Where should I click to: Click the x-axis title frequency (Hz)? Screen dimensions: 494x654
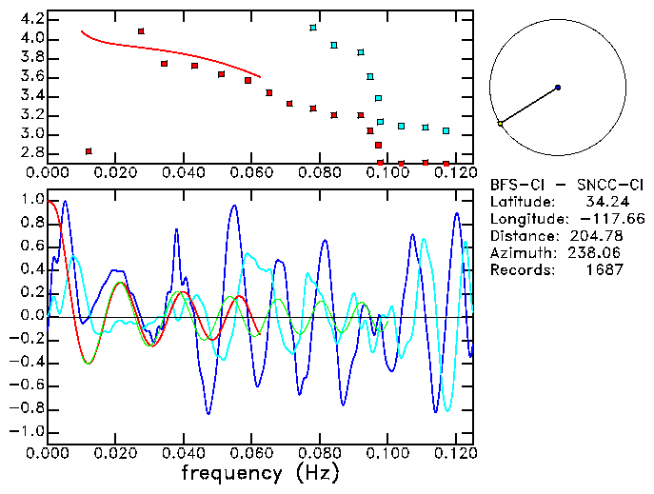[257, 473]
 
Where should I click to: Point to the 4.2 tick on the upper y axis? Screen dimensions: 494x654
[30, 19]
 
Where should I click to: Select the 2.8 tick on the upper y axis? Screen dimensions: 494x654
[30, 153]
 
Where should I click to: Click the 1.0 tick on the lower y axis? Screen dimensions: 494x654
[30, 200]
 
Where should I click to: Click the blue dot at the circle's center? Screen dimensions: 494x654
[558, 88]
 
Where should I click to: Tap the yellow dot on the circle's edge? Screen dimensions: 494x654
[500, 124]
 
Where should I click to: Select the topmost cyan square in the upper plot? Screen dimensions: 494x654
[313, 28]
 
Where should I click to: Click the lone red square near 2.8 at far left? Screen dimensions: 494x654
[89, 151]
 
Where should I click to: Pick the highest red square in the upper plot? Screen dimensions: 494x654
[141, 31]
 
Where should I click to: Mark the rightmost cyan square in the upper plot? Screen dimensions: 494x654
[446, 130]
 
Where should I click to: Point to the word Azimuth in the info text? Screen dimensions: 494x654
[519, 253]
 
